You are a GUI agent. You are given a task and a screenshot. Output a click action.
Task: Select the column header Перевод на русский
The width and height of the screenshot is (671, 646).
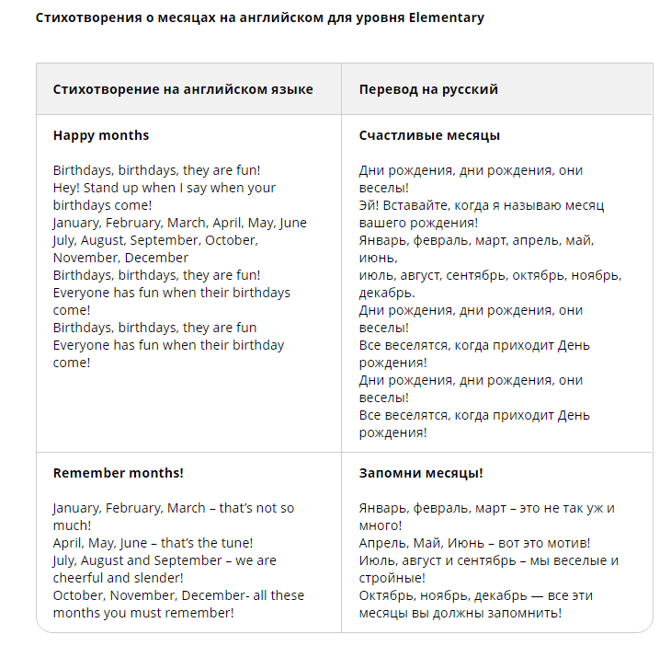428,89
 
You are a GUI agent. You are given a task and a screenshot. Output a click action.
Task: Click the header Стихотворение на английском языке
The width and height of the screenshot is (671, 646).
183,89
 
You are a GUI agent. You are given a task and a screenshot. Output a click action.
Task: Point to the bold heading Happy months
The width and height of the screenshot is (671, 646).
101,135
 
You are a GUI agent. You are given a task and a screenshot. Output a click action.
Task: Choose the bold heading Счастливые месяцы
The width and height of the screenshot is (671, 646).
429,135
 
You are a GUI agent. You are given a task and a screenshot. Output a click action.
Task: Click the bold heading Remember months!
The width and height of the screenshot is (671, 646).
118,473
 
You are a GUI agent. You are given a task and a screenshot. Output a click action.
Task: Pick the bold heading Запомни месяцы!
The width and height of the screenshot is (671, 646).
421,473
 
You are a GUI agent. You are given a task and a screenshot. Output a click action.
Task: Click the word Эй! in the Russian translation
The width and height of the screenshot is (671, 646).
370,205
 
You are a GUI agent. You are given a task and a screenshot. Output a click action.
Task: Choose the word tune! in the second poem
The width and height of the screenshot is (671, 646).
233,543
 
